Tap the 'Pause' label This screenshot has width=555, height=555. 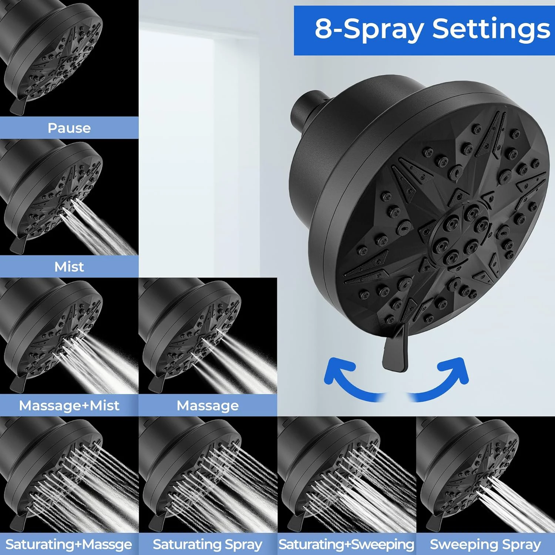69,128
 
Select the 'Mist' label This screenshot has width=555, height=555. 69,266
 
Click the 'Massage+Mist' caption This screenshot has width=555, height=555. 69,406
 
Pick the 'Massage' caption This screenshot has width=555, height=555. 208,406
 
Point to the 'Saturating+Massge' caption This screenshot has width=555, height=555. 69,544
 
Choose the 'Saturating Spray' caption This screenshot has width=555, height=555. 208,544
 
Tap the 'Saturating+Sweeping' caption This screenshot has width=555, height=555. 346,544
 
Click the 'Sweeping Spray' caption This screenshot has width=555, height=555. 485,544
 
